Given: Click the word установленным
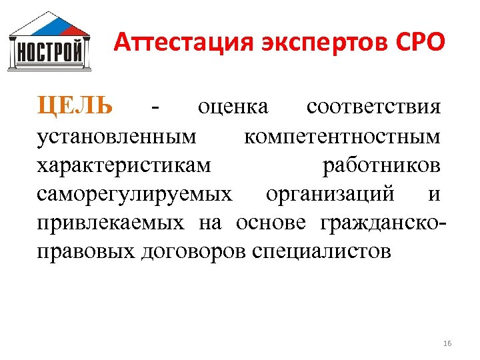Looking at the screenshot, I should click(117, 137).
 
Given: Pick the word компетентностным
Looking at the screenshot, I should click(342, 137).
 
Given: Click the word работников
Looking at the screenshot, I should click(381, 165).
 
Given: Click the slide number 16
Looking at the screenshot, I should click(447, 343).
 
